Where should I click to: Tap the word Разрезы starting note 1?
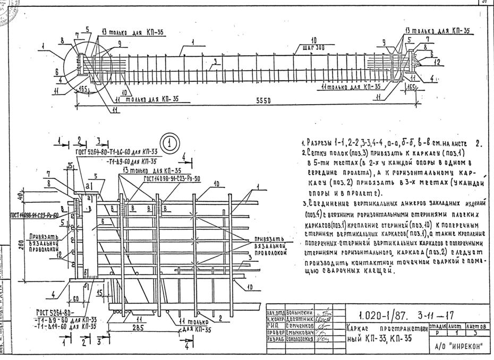[323, 143]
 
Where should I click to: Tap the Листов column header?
[479, 325]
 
